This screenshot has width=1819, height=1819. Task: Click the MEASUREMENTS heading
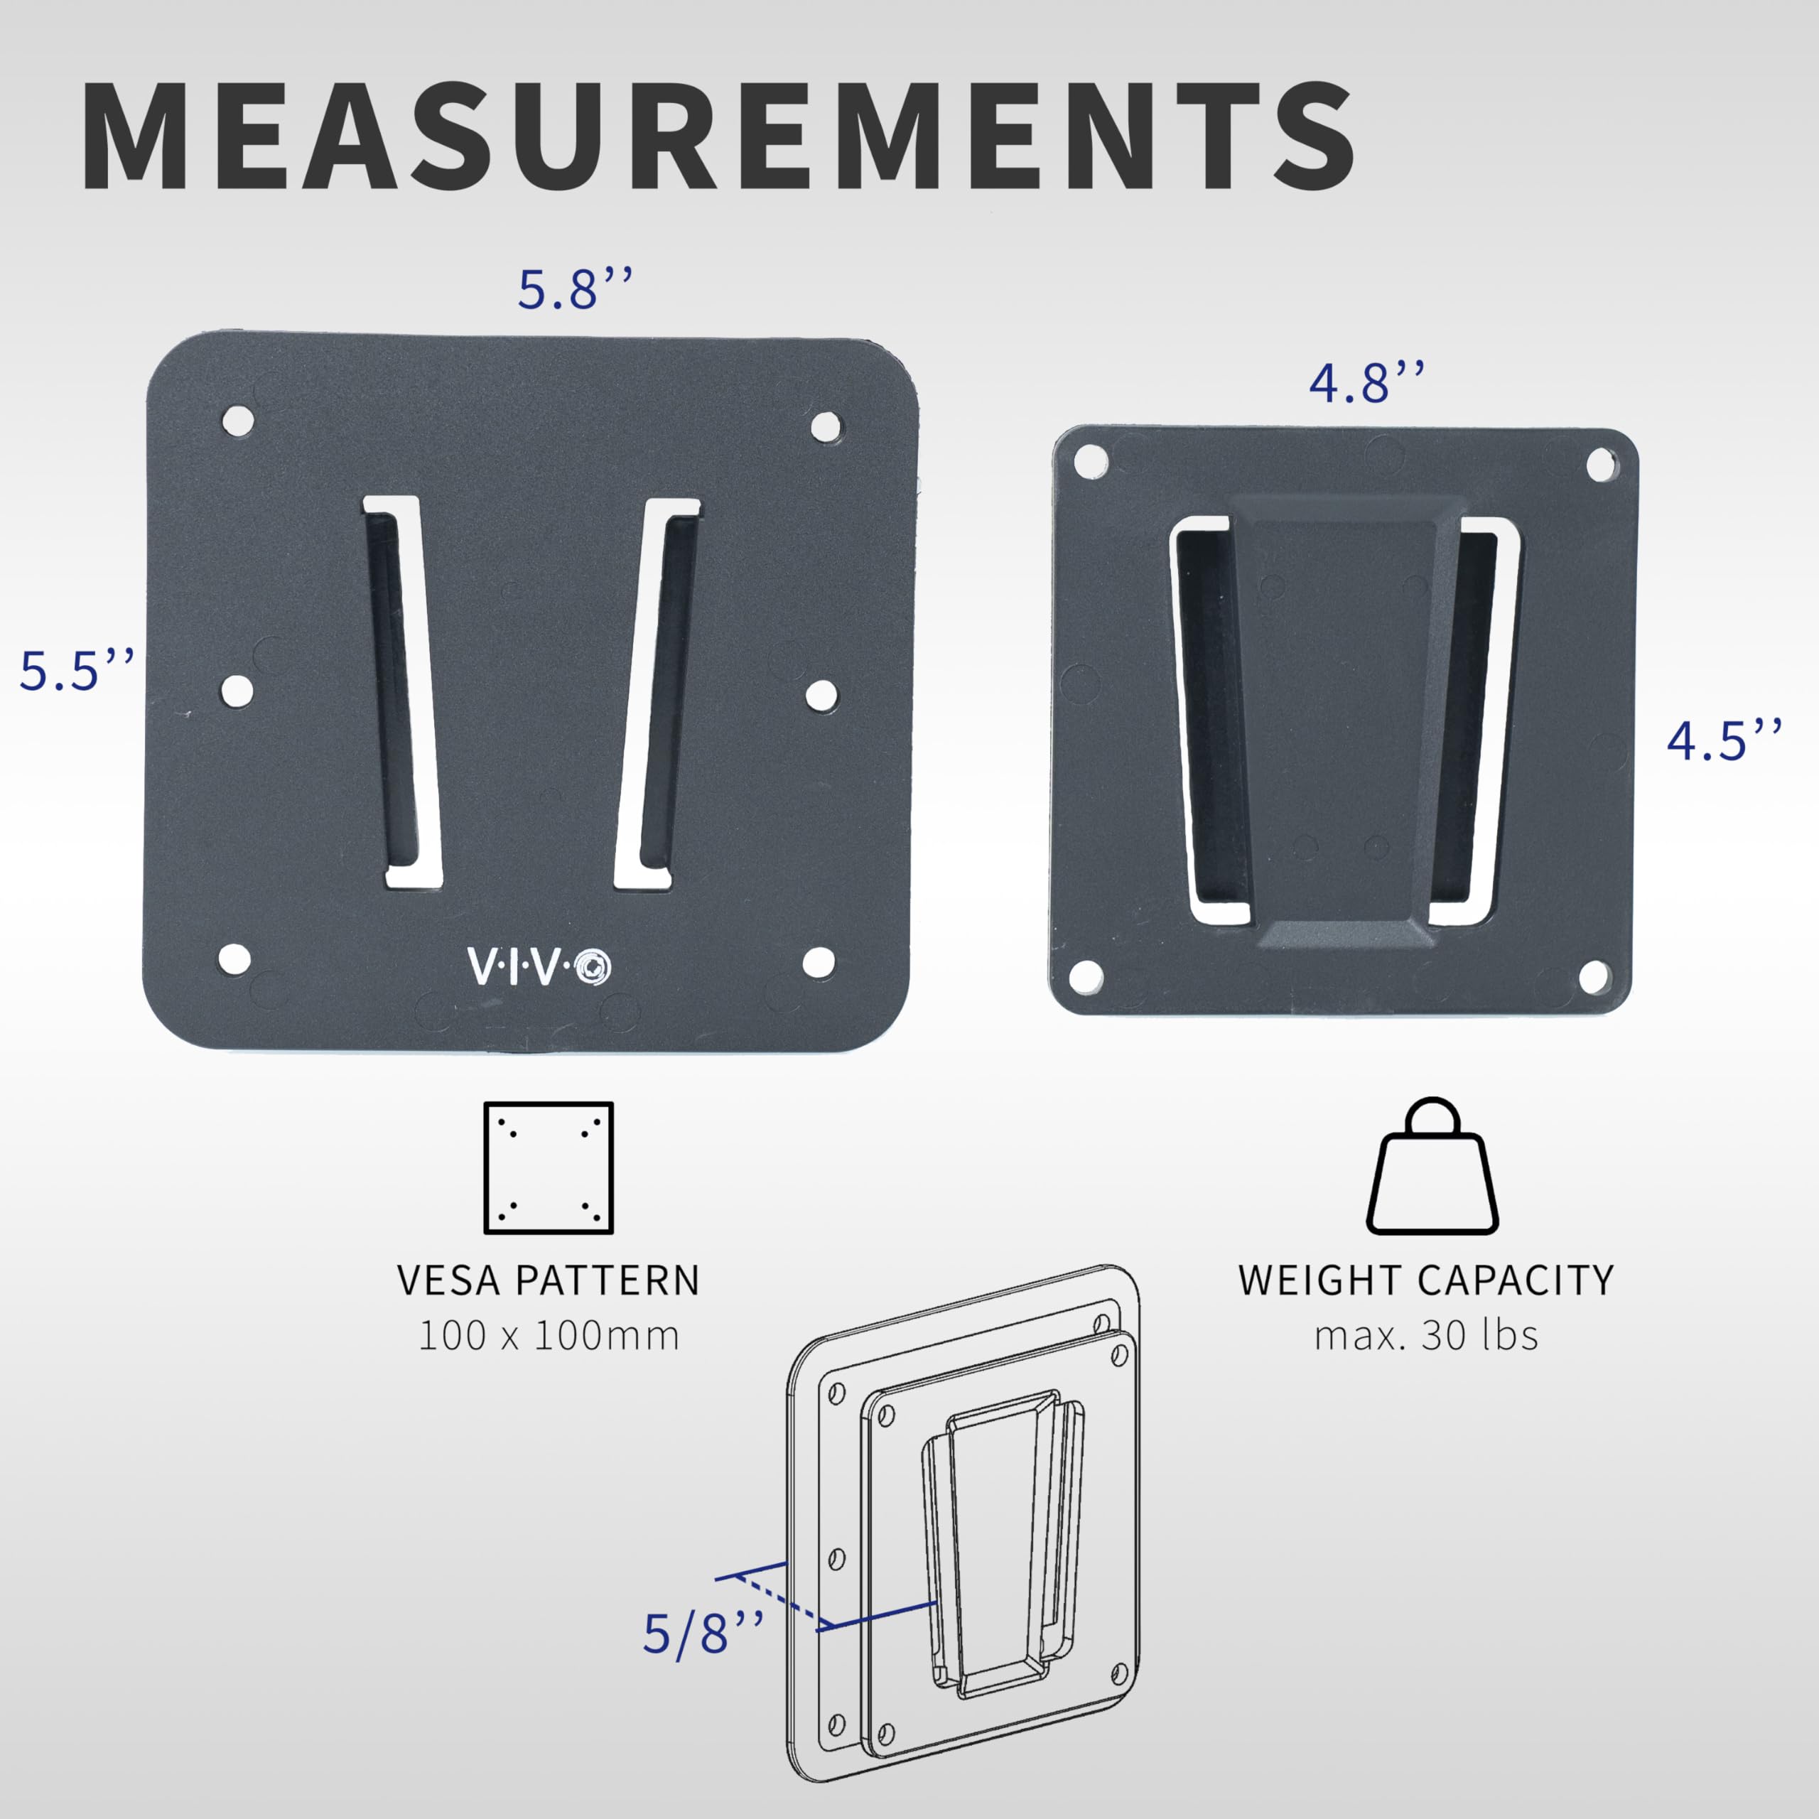(718, 136)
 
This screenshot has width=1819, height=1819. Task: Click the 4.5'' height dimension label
(1724, 741)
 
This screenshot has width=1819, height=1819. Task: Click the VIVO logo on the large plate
(539, 967)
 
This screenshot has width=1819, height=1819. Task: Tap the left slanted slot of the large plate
(402, 692)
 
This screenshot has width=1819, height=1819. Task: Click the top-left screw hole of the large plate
(238, 419)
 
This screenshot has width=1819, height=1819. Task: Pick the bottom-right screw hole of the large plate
(818, 961)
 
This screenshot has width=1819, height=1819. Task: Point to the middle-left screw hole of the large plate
(237, 690)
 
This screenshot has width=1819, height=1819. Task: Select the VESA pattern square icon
(548, 1167)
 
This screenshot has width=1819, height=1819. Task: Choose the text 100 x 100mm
(548, 1336)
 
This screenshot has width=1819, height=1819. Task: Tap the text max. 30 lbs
(1425, 1336)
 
